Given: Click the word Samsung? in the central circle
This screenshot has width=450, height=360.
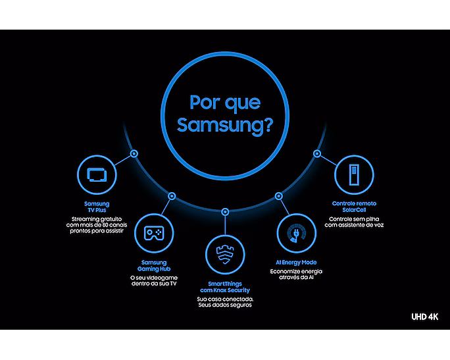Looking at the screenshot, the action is [x=225, y=126].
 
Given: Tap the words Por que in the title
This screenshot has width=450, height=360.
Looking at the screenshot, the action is [x=225, y=103].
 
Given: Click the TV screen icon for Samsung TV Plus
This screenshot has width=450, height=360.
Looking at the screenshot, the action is [x=97, y=174].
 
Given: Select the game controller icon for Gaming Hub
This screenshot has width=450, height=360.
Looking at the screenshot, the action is [x=154, y=233].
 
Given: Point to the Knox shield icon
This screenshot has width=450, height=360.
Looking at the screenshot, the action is [x=225, y=255].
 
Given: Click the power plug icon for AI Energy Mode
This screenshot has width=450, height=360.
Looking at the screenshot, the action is [x=297, y=233].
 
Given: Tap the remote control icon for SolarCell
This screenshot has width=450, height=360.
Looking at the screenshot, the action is [x=354, y=174].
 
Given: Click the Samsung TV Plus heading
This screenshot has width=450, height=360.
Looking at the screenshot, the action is [x=97, y=207].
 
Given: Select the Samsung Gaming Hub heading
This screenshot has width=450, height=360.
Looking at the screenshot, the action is [x=154, y=265].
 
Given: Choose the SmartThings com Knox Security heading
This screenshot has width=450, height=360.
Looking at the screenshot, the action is [x=225, y=287].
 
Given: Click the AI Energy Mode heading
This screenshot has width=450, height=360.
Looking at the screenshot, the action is [x=296, y=263].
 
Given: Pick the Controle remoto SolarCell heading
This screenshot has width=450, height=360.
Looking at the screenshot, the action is [x=354, y=207].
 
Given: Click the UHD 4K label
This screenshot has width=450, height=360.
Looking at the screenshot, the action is [x=425, y=317].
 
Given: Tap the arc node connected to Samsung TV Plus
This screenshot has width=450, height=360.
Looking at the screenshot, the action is [x=134, y=154].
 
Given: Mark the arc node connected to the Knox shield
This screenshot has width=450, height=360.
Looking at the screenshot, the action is [x=225, y=212].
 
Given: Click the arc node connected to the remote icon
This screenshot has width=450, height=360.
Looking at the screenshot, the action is [x=317, y=154].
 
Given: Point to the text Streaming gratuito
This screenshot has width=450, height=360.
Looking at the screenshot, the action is [x=97, y=219].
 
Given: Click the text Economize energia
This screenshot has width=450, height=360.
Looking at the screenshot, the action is [x=296, y=272].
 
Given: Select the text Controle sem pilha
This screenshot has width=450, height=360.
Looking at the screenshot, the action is [x=354, y=219].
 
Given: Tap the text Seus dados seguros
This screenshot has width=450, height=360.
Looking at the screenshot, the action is [x=225, y=305].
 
